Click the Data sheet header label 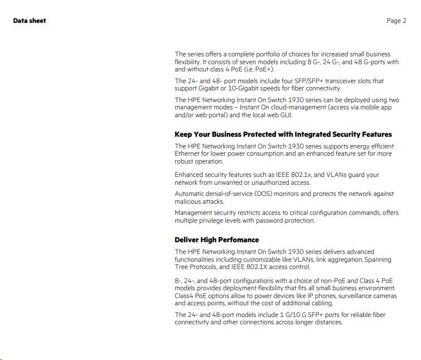pos(30,21)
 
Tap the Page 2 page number pos(396,21)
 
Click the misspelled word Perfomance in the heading pos(237,240)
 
